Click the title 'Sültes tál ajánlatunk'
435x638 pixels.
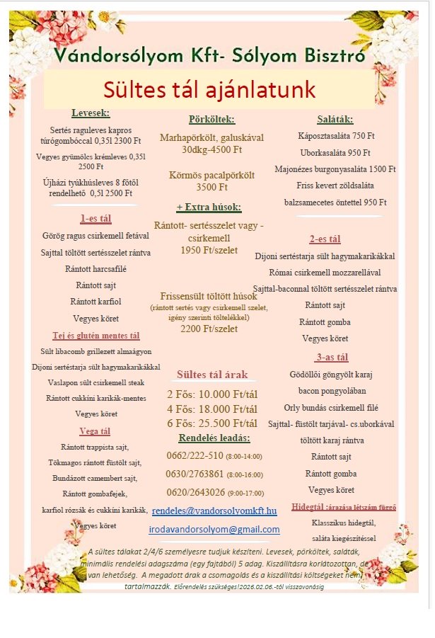209,90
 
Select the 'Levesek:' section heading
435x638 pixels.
91,113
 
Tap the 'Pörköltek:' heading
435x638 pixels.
211,120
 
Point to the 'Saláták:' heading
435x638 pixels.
335,119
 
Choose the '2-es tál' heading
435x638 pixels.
325,239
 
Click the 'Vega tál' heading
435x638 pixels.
95,431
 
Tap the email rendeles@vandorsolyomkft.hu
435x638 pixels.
214,510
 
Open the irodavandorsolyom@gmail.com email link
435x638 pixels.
214,529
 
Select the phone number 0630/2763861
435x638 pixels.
193,474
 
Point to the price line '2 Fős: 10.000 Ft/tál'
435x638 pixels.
212,394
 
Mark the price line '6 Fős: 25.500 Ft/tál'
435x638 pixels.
212,423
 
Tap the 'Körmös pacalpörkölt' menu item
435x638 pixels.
211,175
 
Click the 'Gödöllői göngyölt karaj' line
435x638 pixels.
331,374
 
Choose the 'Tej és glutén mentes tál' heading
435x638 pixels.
96,336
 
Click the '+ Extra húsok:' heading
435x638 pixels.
209,207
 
